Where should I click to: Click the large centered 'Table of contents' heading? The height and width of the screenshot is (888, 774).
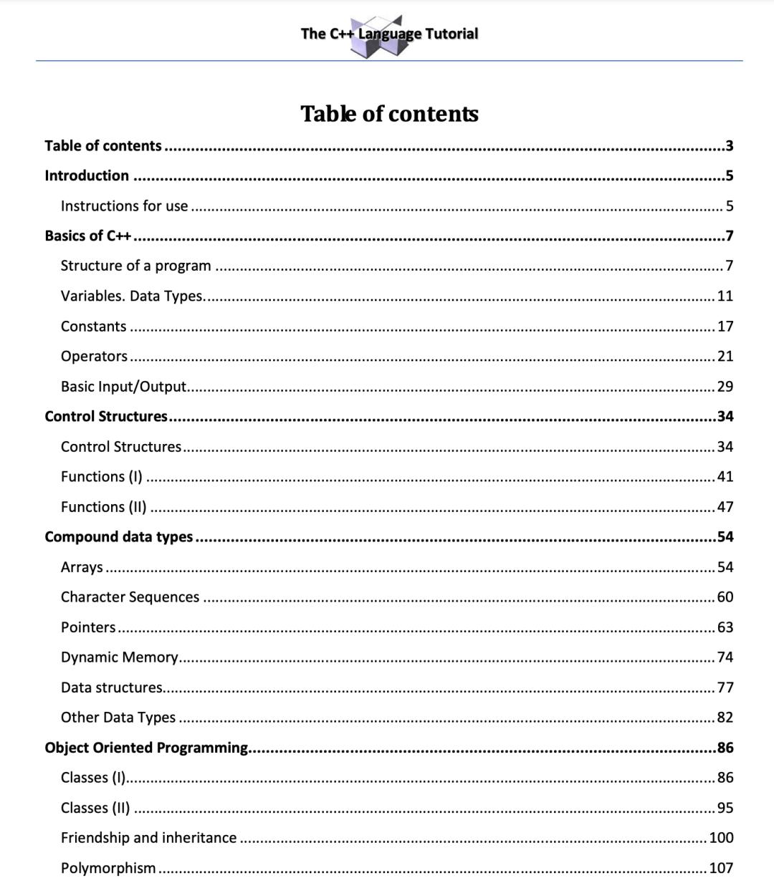[x=389, y=114]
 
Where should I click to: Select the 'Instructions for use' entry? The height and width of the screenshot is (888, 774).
[x=124, y=206]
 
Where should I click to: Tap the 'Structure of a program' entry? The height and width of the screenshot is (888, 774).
[x=135, y=266]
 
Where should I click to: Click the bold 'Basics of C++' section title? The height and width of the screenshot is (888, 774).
[x=87, y=236]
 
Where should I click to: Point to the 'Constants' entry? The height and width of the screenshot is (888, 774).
[x=93, y=327]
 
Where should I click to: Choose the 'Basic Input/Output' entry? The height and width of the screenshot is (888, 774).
[x=123, y=387]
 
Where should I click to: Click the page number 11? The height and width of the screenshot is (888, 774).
[x=725, y=296]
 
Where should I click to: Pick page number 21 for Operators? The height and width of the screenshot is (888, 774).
[x=725, y=356]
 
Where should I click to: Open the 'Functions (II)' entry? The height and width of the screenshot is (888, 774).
[x=103, y=507]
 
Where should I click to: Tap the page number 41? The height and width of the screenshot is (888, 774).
[x=725, y=476]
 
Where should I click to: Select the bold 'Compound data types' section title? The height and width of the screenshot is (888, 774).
[x=118, y=537]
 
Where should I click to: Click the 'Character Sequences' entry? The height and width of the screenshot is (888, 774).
[x=130, y=597]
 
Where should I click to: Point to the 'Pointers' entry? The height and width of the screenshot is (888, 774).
[x=88, y=627]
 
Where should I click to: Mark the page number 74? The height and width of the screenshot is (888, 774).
[x=725, y=657]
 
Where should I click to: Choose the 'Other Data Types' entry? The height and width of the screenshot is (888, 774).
[x=118, y=718]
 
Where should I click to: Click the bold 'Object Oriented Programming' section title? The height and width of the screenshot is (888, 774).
[x=145, y=748]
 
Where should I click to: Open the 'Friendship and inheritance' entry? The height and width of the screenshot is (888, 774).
[x=148, y=838]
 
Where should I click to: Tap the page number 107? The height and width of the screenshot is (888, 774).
[x=721, y=868]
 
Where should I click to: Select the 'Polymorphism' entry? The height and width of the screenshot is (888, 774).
[x=108, y=868]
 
